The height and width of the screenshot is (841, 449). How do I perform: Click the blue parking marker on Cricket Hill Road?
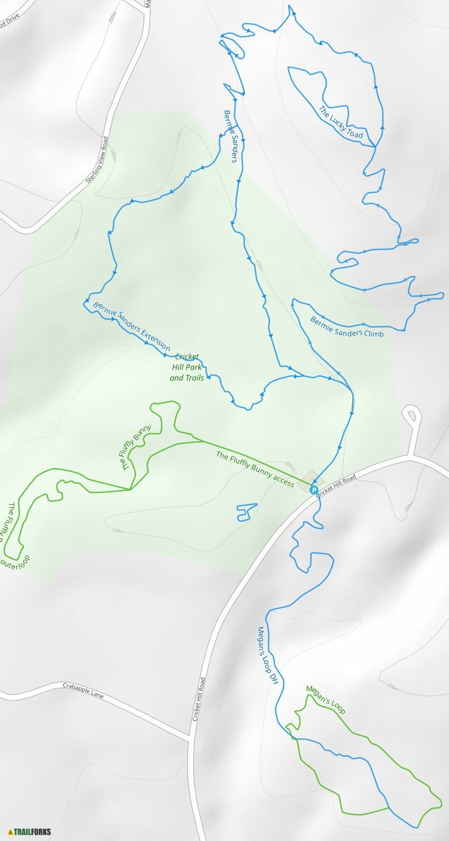pyautogui.click(x=313, y=490)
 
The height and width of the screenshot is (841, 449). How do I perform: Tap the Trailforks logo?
pyautogui.click(x=30, y=831)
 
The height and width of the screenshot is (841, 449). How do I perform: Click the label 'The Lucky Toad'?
pyautogui.click(x=341, y=123)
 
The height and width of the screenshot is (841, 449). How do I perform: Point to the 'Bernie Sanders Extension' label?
pyautogui.click(x=132, y=326)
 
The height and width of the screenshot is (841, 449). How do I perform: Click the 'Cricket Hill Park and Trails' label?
pyautogui.click(x=187, y=367)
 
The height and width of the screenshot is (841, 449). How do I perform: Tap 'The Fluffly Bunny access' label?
pyautogui.click(x=255, y=469)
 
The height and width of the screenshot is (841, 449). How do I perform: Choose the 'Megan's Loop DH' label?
pyautogui.click(x=267, y=656)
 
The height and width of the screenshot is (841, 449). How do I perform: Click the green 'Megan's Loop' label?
pyautogui.click(x=325, y=699)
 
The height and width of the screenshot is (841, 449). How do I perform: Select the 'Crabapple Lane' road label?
pyautogui.click(x=83, y=690)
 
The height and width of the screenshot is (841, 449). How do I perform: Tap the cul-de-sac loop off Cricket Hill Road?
pyautogui.click(x=412, y=415)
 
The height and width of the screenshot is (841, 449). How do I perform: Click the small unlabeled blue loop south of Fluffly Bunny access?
pyautogui.click(x=245, y=512)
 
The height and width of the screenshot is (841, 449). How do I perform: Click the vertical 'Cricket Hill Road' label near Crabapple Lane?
pyautogui.click(x=198, y=699)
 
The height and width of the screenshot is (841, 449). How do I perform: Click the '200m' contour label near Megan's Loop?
pyautogui.click(x=392, y=687)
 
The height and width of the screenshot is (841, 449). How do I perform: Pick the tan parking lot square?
pyautogui.click(x=308, y=481)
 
